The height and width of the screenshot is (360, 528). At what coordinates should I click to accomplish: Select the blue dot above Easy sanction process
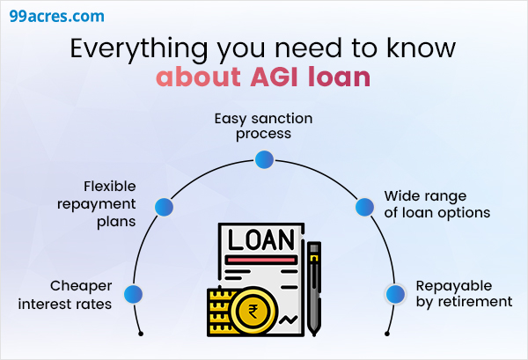[263, 159]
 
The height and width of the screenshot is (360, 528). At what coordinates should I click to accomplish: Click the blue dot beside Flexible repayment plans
[163, 207]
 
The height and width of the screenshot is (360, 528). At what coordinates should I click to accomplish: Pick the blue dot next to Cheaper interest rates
[133, 295]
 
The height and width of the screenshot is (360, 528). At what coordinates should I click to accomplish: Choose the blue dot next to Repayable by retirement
[394, 295]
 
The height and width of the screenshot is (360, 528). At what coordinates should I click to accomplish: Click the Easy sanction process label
[263, 127]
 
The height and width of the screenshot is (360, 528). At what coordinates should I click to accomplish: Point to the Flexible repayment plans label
[110, 204]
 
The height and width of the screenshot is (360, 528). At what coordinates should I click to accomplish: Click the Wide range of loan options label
[436, 204]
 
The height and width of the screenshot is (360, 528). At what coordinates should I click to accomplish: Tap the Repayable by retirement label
[463, 294]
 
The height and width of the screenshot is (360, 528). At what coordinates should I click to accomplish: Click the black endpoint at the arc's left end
[142, 334]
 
